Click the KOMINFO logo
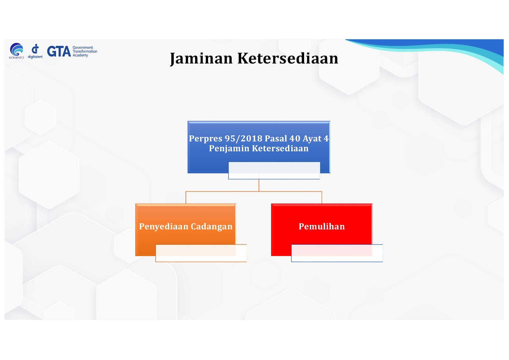16,51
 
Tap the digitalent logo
35,51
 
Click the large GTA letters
59,51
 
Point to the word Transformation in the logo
85,51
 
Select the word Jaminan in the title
201,59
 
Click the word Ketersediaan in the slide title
288,58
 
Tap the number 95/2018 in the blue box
243,138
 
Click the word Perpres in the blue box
206,138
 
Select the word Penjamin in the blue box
229,149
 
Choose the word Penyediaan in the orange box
164,227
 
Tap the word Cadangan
212,227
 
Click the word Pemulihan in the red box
322,227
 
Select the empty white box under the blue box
274,171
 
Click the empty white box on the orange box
201,253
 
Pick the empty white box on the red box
337,253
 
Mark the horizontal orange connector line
254,192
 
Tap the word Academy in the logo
80,55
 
